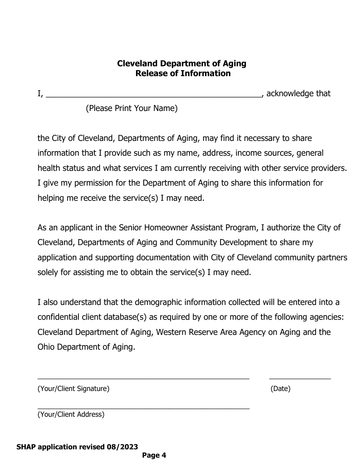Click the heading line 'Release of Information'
[183, 73]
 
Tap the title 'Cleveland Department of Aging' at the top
[182, 63]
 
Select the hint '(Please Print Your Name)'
[131, 109]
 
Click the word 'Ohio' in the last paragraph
[46, 347]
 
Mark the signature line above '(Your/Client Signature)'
[143, 378]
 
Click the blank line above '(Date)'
[300, 378]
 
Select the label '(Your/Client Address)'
[71, 414]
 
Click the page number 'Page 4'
[154, 456]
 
